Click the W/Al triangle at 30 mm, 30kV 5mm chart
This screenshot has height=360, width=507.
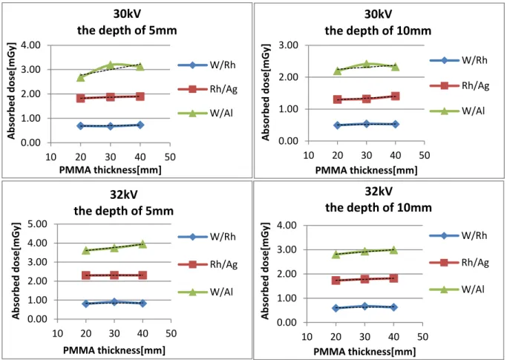[111, 65]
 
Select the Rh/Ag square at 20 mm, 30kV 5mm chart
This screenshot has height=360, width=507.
[80, 98]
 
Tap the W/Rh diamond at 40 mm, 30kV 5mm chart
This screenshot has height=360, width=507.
[140, 125]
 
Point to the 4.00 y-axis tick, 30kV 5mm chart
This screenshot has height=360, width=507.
[30, 45]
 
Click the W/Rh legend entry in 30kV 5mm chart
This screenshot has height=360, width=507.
[207, 65]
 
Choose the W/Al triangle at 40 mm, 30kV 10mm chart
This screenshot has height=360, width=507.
[395, 67]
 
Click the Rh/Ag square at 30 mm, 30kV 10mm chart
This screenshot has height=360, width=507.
[367, 98]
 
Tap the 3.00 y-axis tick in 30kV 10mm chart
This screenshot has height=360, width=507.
[288, 45]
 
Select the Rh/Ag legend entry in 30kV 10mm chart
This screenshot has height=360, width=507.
[459, 85]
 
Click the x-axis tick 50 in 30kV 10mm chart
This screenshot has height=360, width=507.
[424, 156]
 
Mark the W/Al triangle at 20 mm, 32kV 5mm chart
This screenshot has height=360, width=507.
[85, 250]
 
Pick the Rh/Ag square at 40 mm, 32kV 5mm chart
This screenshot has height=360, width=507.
[143, 275]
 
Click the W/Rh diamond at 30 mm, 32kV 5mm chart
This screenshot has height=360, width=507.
[114, 302]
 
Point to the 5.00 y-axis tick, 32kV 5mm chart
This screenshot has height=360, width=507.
[37, 224]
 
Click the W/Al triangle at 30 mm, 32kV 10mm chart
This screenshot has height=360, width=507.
[364, 251]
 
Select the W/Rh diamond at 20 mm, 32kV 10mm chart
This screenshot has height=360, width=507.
[336, 308]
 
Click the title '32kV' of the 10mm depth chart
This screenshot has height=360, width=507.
[379, 192]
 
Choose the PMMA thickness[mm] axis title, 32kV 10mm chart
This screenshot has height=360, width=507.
[364, 351]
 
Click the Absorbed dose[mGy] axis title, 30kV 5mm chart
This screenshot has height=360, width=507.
[12, 91]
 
